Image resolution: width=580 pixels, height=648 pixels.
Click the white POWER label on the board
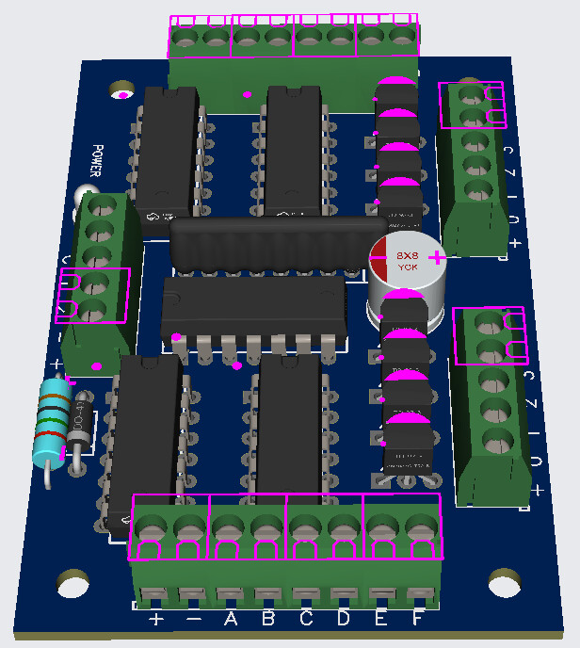coord(96,161)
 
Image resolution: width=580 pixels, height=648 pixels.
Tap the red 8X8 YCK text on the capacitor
coord(407,261)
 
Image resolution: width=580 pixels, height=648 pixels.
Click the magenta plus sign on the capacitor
coord(437,257)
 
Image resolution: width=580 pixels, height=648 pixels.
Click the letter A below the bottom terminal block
coord(230,619)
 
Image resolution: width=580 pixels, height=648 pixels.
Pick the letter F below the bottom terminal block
coord(417,619)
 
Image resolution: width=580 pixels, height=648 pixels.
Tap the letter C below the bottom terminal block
coord(306,619)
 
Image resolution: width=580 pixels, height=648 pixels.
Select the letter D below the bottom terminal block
coord(344,619)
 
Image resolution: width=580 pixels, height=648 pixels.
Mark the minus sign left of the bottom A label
coord(193,620)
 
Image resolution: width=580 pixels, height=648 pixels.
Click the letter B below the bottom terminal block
coord(267,619)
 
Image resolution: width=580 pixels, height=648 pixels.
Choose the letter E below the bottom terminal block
coord(381,619)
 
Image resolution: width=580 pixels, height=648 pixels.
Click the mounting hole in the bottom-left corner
coord(72,583)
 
